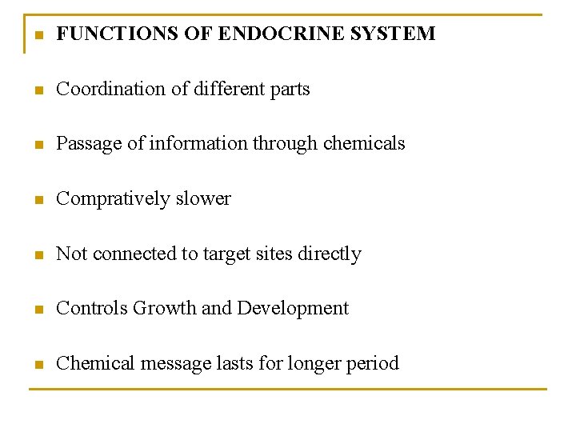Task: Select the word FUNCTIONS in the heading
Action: point(110,34)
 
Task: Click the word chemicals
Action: point(364,144)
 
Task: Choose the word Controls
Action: point(92,308)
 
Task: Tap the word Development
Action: point(293,309)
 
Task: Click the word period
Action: point(372,364)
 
